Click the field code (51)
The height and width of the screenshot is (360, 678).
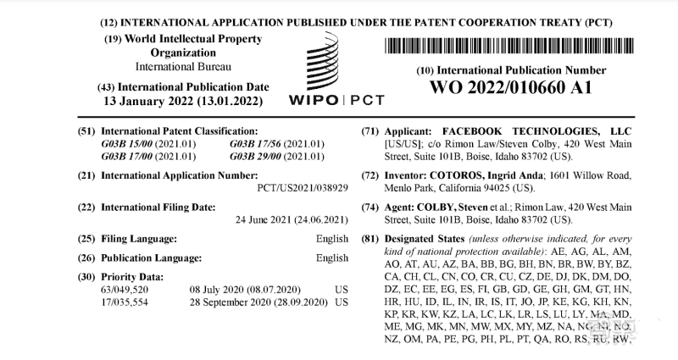click(x=86, y=131)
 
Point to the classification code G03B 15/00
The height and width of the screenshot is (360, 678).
click(x=134, y=144)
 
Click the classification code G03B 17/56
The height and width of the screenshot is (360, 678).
click(x=261, y=144)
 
